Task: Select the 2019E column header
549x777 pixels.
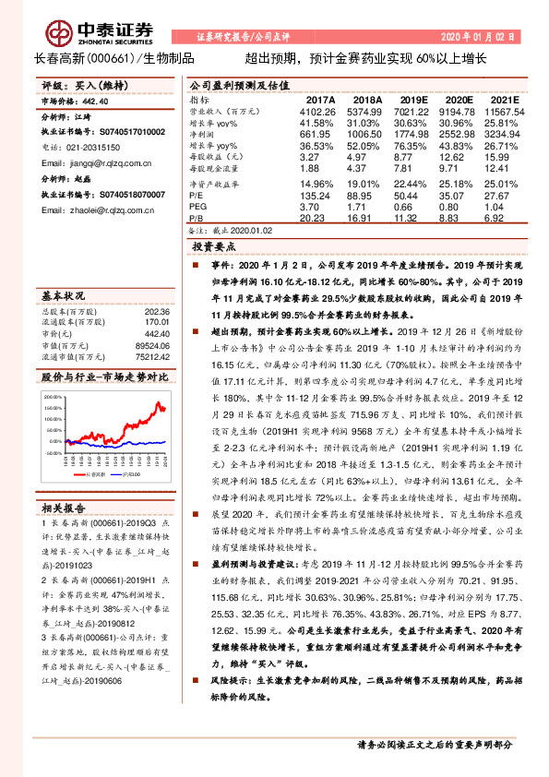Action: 414,100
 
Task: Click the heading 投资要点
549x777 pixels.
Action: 214,247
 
